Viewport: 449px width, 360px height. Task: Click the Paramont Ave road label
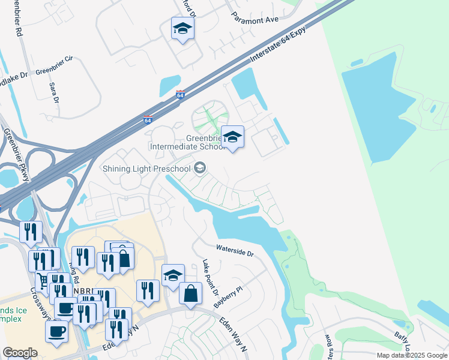pos(256,20)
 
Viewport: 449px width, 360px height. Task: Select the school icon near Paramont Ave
pos(182,28)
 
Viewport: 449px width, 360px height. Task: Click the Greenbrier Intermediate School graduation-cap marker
pos(232,137)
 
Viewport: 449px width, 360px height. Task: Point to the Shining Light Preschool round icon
pos(200,167)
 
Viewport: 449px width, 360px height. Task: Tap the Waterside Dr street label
pos(235,250)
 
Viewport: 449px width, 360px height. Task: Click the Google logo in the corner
pos(20,353)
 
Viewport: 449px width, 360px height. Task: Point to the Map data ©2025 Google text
pos(412,355)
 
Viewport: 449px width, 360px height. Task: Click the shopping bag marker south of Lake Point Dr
pos(190,294)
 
